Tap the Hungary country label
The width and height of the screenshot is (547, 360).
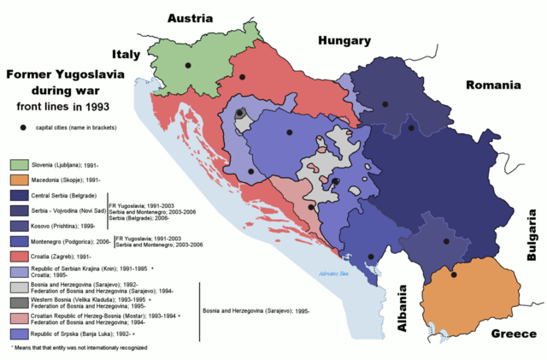click(344, 40)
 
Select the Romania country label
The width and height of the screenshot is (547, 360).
click(493, 86)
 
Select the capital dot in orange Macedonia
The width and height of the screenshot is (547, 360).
click(455, 274)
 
